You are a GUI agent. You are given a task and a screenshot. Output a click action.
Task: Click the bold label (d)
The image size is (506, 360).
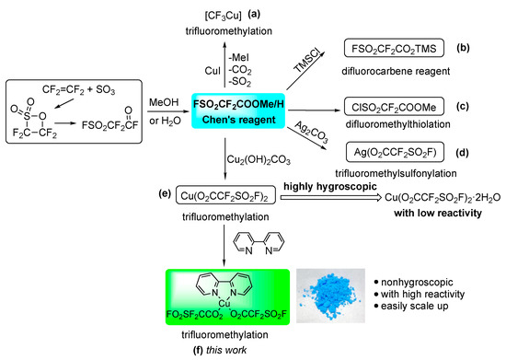(x=485, y=150)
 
